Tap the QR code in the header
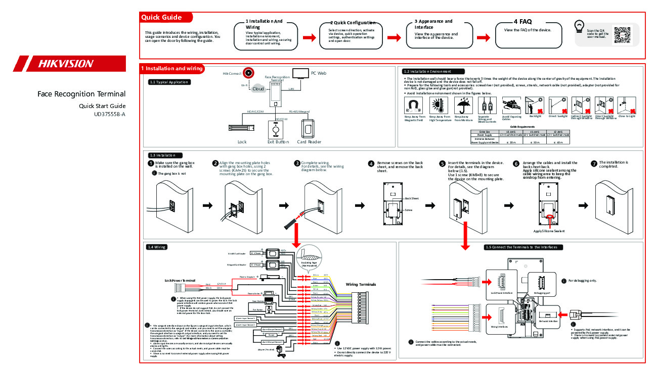pyautogui.click(x=622, y=34)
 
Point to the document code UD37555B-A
pyautogui.click(x=109, y=114)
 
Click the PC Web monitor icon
pyautogui.click(x=302, y=73)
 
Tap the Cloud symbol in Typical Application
pyautogui.click(x=258, y=88)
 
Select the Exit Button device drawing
pyautogui.click(x=276, y=129)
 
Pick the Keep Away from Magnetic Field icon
pyautogui.click(x=414, y=106)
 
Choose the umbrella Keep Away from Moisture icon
pyautogui.click(x=462, y=106)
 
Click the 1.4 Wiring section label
pyautogui.click(x=157, y=247)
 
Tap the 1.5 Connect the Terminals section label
pyautogui.click(x=521, y=247)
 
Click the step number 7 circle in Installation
pyautogui.click(x=594, y=164)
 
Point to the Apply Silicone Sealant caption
pyautogui.click(x=549, y=231)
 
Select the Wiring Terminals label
pyautogui.click(x=361, y=285)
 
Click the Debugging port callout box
pyautogui.click(x=541, y=285)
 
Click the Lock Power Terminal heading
pyautogui.click(x=180, y=280)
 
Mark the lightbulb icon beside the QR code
pyautogui.click(x=579, y=26)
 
